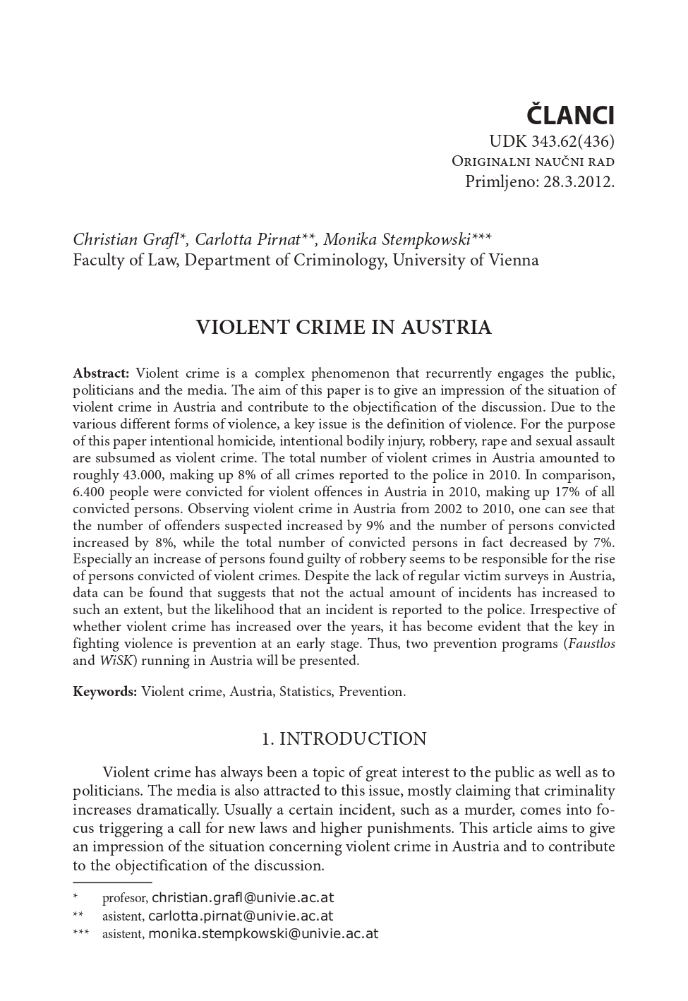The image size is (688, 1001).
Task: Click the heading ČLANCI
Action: [x=571, y=115]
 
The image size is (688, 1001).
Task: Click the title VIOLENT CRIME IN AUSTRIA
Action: [x=343, y=328]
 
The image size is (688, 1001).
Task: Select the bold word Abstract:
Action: [x=101, y=373]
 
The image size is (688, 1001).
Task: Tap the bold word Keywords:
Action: [x=104, y=691]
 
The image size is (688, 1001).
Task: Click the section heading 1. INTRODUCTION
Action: [x=344, y=738]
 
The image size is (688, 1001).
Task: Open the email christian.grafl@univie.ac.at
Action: [x=243, y=898]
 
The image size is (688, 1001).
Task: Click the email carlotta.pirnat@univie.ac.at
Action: [x=241, y=916]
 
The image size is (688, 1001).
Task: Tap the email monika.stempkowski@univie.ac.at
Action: [x=263, y=934]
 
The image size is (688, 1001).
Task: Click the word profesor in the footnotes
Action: [x=124, y=899]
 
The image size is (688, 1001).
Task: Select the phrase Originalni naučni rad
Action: [x=533, y=161]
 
